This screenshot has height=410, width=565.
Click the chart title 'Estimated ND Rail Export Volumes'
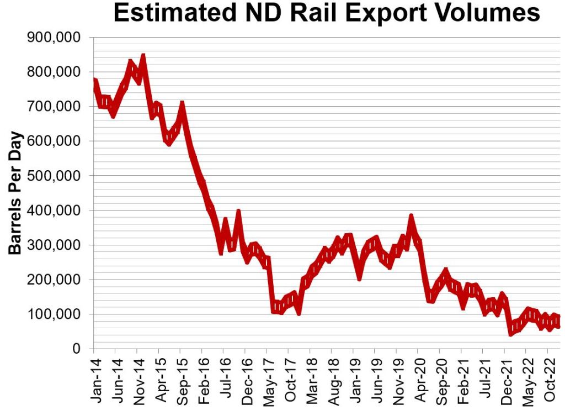coord(327,14)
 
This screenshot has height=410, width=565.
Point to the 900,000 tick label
coord(54,38)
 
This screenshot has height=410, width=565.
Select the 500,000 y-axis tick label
coord(54,176)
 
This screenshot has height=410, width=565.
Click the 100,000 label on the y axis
coord(54,314)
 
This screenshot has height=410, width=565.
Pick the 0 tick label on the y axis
coord(77,349)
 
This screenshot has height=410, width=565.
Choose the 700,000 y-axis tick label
coord(54,107)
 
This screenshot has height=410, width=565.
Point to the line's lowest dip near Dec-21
coord(511,333)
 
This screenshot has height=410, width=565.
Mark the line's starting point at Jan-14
coord(94,81)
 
